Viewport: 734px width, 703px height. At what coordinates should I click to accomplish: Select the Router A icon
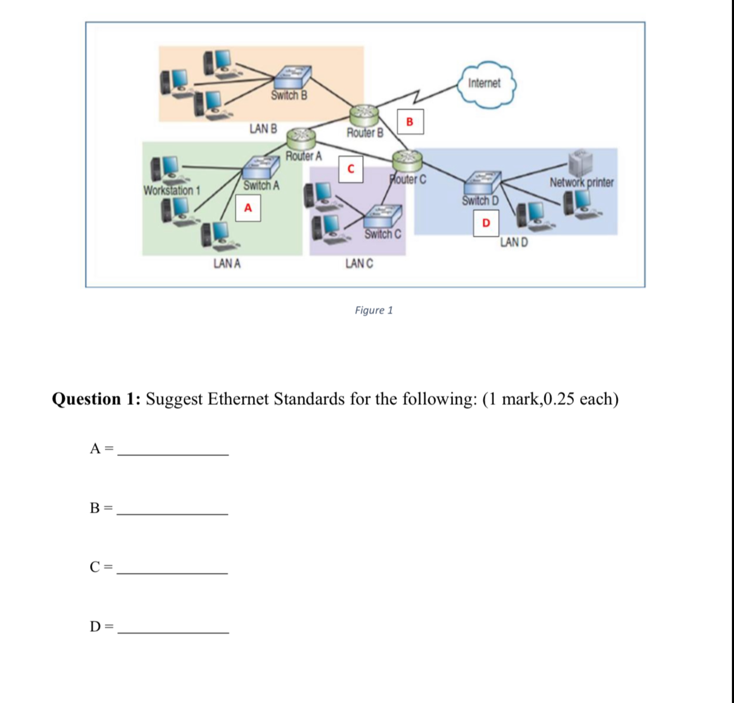pyautogui.click(x=301, y=139)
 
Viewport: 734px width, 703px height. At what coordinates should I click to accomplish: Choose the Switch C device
pyautogui.click(x=383, y=216)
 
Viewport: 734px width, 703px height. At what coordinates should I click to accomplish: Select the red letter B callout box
pyautogui.click(x=410, y=122)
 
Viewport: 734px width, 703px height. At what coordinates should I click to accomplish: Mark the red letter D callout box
pyautogui.click(x=486, y=223)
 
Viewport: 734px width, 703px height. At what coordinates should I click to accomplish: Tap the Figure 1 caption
pyautogui.click(x=374, y=310)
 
